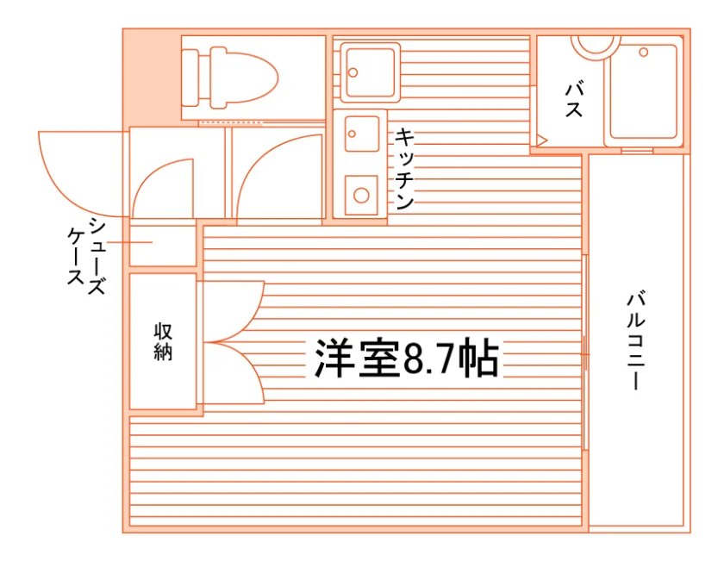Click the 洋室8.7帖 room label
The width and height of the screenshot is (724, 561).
click(x=407, y=358)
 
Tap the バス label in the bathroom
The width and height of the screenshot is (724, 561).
click(x=574, y=99)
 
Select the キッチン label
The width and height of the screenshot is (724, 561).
click(x=404, y=169)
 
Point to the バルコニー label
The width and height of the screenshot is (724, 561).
click(x=636, y=340)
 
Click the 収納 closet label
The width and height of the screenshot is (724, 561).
click(x=163, y=341)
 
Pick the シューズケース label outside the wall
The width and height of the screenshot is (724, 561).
click(x=86, y=257)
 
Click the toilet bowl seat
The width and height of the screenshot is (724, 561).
click(x=245, y=78)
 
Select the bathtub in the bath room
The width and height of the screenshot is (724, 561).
click(x=643, y=91)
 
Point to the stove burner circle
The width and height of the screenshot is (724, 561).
click(x=361, y=196)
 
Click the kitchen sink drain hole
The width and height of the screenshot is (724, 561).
click(x=353, y=134)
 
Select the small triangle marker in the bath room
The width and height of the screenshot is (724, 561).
click(x=540, y=140)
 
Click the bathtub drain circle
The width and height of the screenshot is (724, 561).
click(x=644, y=53)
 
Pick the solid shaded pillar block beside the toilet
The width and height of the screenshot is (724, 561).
click(x=152, y=77)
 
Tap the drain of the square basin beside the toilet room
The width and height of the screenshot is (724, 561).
click(x=353, y=72)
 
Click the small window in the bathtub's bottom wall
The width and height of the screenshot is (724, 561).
click(x=637, y=151)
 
